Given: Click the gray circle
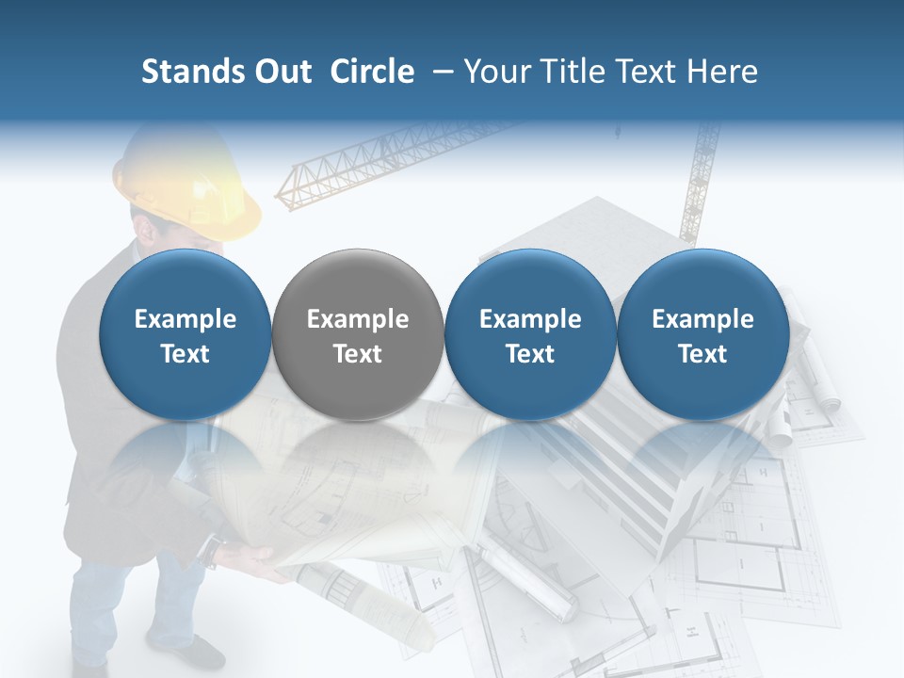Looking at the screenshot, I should click(x=358, y=335).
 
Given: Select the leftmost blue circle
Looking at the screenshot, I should click(x=185, y=335).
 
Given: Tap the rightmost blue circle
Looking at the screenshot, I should click(x=702, y=335).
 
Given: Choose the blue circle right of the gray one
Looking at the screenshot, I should click(x=530, y=335).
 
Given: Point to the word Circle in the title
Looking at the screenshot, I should click(x=372, y=72).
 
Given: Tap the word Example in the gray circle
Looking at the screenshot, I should click(x=358, y=319).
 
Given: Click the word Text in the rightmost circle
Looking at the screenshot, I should click(x=702, y=354).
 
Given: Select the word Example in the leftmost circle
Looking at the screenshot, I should click(x=185, y=319).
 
